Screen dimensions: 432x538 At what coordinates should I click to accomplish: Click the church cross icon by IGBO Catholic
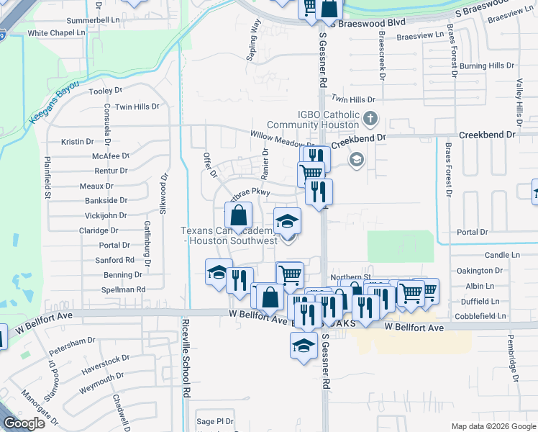coord(370,118)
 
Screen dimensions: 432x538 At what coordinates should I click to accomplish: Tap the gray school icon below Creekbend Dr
coord(356,159)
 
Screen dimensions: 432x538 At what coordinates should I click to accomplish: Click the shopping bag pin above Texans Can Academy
coord(239,215)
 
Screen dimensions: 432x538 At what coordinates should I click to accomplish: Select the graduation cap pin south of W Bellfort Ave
coord(304,345)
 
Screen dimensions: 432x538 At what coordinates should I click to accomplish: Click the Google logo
coord(24,423)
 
